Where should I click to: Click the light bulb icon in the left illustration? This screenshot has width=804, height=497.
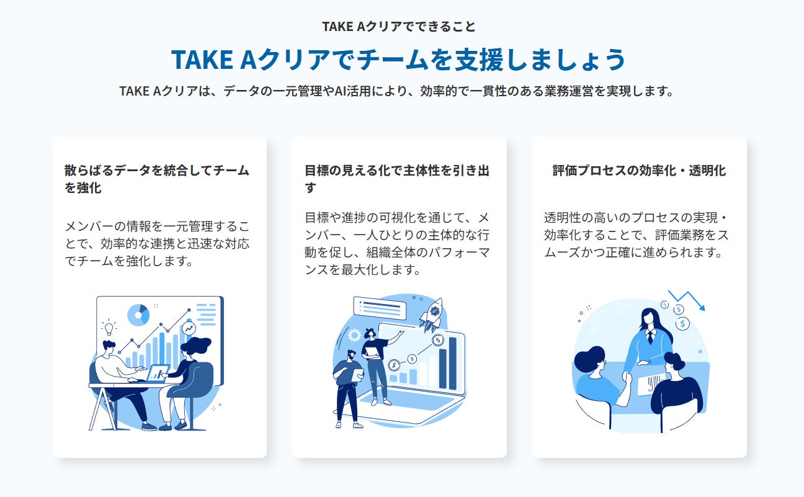coord(109,328)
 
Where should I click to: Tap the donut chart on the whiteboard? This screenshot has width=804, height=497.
coord(138,315)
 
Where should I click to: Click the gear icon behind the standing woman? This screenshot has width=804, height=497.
coord(355,335)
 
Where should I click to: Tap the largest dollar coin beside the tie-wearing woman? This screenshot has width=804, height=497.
coord(683,323)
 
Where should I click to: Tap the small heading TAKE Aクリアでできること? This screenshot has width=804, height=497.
coord(399,27)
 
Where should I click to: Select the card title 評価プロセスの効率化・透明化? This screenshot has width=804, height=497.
coord(639,171)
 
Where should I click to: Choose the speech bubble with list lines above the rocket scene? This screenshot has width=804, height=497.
coord(379,308)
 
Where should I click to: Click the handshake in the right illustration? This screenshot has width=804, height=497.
coord(627,378)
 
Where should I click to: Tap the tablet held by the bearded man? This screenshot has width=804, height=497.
coord(357,375)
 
